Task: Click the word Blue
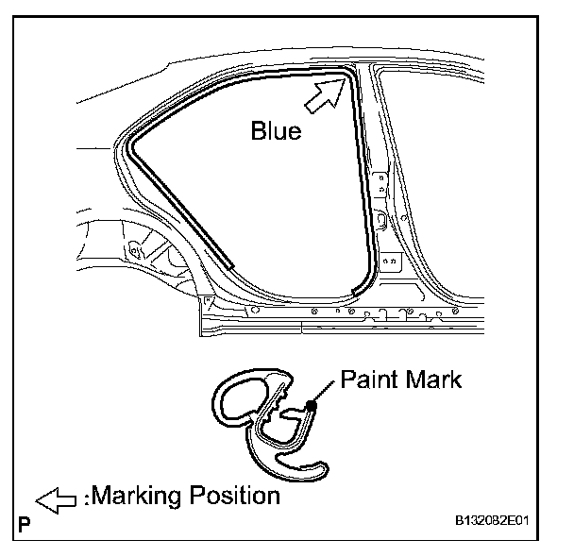276,130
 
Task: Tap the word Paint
366,381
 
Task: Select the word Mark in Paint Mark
430,381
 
